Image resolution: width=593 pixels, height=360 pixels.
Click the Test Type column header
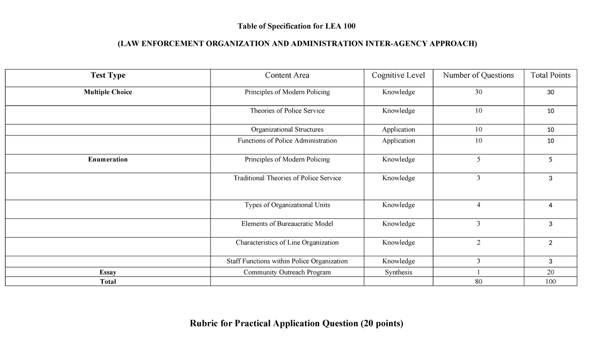point(108,76)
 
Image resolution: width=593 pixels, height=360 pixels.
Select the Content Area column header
point(287,76)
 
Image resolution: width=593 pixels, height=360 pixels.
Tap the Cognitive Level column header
point(398,76)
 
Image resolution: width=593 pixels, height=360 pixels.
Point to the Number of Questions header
point(478,76)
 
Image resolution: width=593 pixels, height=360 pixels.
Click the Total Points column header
point(550,76)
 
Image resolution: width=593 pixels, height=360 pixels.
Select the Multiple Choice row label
point(108,92)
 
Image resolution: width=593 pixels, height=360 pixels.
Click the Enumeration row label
point(108,160)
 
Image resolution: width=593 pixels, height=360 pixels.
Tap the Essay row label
point(108,272)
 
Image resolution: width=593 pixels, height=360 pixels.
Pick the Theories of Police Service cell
point(287,111)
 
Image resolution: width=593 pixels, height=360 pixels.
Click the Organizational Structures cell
point(287,130)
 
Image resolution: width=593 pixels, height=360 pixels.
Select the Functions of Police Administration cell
point(287,141)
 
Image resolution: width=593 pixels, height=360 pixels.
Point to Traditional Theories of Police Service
point(287,178)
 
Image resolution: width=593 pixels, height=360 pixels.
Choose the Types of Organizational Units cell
point(287,205)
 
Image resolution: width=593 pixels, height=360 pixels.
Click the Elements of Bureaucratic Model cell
point(287,224)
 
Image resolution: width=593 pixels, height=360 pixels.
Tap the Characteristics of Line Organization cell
point(287,242)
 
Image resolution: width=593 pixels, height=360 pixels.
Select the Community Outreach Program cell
point(287,272)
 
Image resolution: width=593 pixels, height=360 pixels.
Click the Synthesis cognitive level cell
point(398,272)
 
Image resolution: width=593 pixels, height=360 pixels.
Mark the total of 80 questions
point(478,281)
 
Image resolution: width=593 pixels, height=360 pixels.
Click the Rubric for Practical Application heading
point(296,324)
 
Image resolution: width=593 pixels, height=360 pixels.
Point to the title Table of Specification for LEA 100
point(296,26)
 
